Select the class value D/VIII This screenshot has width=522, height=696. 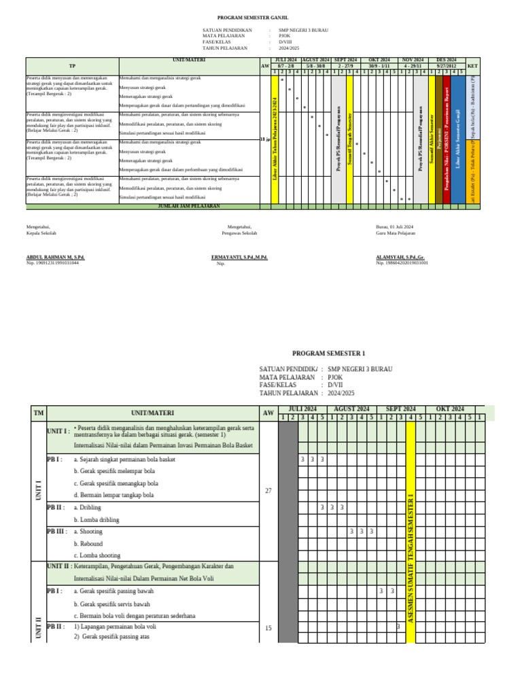(x=286, y=42)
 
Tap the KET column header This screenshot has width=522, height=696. (x=473, y=66)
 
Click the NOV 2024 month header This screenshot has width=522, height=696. (x=413, y=60)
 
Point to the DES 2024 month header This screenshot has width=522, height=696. (x=446, y=60)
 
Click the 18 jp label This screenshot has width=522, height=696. (x=265, y=139)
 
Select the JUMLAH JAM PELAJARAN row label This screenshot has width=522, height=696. (x=189, y=205)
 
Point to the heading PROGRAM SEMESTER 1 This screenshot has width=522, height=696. (x=328, y=353)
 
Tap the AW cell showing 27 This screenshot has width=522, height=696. (x=267, y=490)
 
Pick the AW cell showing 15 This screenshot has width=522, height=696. (x=267, y=628)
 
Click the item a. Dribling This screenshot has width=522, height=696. (x=87, y=507)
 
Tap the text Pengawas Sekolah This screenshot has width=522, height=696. (x=239, y=233)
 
